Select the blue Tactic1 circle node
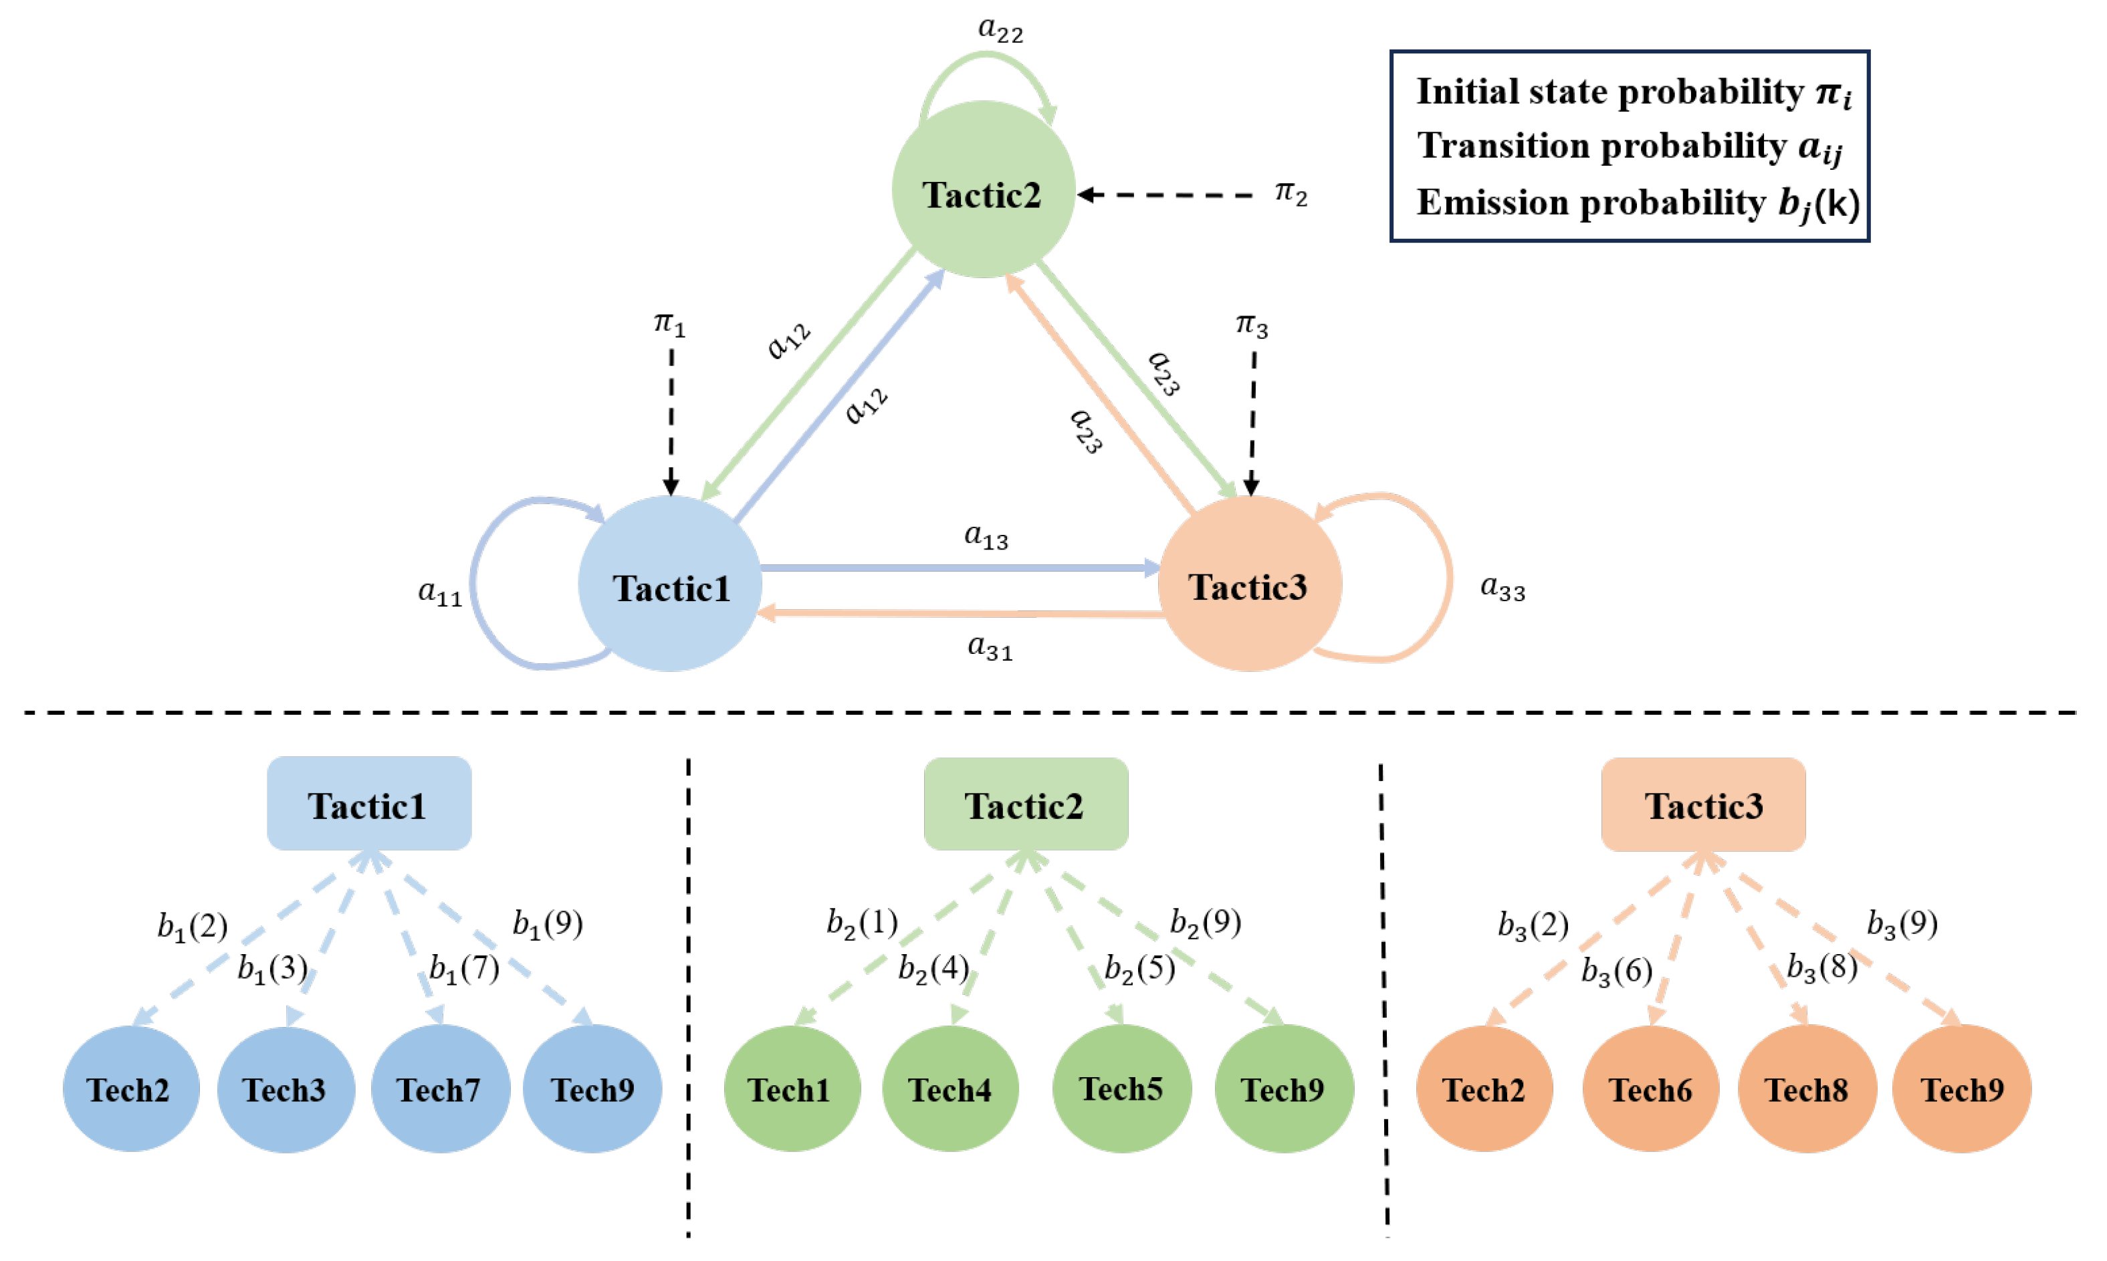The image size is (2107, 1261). click(x=670, y=584)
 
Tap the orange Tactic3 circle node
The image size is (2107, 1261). click(x=1249, y=584)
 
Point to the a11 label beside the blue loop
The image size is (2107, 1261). click(x=440, y=592)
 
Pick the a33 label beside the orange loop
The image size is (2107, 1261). click(x=1502, y=587)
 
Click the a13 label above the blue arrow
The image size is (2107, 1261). click(x=986, y=536)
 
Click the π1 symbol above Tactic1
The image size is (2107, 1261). click(x=669, y=324)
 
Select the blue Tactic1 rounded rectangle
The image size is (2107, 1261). click(x=368, y=804)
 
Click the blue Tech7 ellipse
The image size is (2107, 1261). click(x=439, y=1088)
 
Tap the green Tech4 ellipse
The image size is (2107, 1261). click(x=950, y=1088)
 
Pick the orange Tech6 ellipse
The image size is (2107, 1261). click(x=1650, y=1088)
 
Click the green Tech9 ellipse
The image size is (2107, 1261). click(x=1283, y=1088)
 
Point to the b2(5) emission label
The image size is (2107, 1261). click(x=1139, y=969)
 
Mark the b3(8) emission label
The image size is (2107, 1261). click(x=1821, y=967)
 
